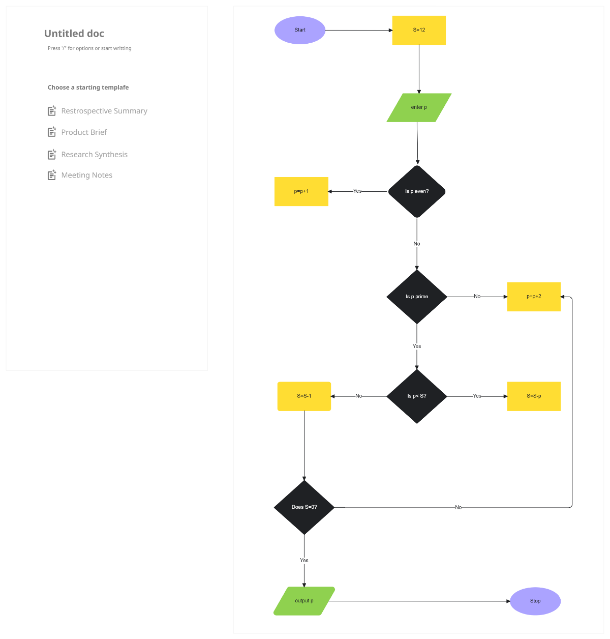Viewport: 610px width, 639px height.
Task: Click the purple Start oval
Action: pos(300,30)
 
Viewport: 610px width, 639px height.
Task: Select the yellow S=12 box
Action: pos(419,30)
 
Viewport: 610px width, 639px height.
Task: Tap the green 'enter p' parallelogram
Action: pos(419,107)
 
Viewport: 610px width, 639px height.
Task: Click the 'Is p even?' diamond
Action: pos(417,191)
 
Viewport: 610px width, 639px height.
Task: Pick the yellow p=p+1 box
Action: pos(301,191)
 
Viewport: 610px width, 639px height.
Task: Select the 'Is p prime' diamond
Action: pos(417,297)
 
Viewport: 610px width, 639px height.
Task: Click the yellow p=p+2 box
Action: pos(534,297)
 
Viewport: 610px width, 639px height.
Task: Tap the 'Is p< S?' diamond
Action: pos(417,396)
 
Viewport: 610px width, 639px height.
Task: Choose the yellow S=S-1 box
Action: pos(304,396)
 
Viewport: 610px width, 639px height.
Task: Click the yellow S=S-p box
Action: pos(534,396)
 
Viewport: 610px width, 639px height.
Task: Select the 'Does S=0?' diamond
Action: pos(304,507)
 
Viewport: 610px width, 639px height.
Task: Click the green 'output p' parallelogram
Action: pos(304,601)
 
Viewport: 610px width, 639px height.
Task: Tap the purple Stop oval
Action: pos(535,601)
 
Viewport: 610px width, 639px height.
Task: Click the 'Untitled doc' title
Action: pos(74,34)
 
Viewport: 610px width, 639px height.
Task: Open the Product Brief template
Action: pos(84,132)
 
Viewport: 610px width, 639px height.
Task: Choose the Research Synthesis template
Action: pos(94,155)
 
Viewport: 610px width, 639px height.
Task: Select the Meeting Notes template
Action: pos(86,175)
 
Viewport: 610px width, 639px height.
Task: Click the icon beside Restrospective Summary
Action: pos(52,111)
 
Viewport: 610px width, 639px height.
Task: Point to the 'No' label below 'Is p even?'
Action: pos(417,244)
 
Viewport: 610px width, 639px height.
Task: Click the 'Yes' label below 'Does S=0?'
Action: pos(304,560)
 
